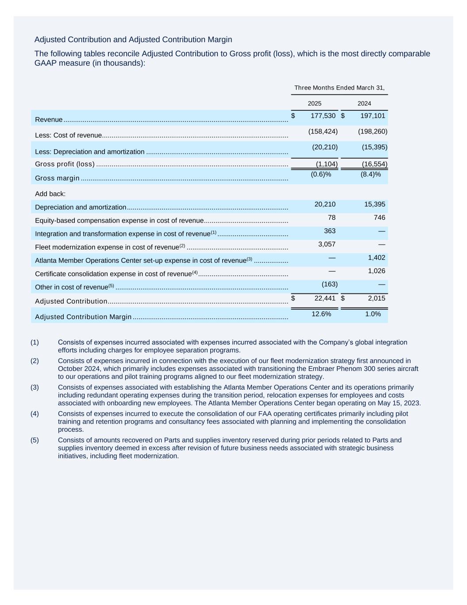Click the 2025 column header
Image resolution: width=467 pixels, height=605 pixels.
tap(314, 104)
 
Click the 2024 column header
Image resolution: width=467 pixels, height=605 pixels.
tap(364, 104)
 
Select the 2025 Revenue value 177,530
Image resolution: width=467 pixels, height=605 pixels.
tap(323, 116)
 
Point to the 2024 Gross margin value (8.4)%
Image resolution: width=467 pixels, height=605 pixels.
tap(371, 174)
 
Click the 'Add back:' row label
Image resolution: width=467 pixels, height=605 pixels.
tap(50, 194)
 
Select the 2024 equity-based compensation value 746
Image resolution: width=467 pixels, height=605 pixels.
tap(379, 218)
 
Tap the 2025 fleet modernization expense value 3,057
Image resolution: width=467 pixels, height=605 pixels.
tap(327, 244)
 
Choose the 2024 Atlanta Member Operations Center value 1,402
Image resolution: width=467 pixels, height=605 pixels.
tap(376, 258)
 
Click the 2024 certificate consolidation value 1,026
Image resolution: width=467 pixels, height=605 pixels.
tap(376, 271)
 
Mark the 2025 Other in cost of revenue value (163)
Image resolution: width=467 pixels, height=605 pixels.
tap(329, 284)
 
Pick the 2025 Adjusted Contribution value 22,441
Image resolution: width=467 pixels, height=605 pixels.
tap(325, 298)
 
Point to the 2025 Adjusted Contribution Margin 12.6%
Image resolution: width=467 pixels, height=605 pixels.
tap(321, 314)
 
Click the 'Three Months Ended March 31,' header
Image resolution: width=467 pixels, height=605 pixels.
tap(339, 88)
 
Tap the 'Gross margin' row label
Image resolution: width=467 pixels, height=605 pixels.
tap(57, 178)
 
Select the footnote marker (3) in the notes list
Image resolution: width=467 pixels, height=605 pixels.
tap(35, 387)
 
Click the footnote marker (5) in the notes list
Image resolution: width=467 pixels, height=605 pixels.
tap(35, 440)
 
